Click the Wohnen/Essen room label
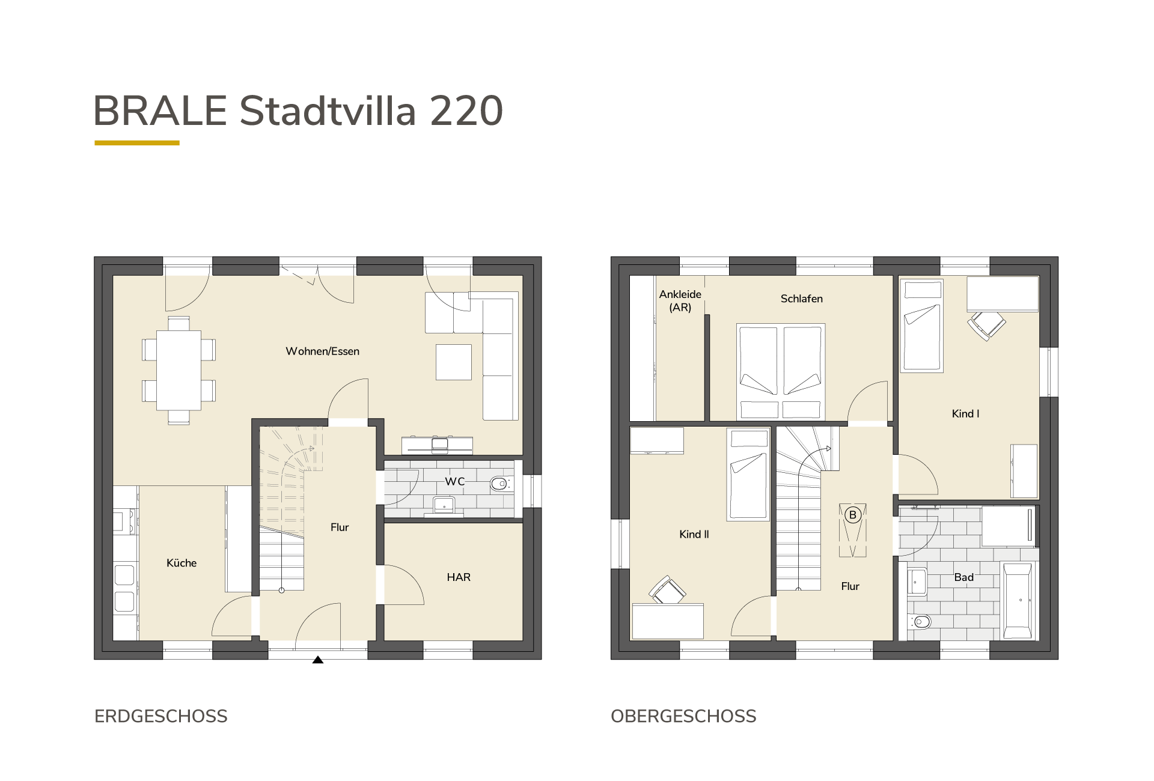(x=322, y=351)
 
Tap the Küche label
(x=182, y=563)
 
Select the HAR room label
(x=459, y=577)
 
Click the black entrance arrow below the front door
(x=318, y=660)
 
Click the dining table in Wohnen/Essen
(x=179, y=370)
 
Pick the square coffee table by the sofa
(x=454, y=362)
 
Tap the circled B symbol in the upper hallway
(x=852, y=515)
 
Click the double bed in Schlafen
(x=781, y=372)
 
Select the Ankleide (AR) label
(x=680, y=301)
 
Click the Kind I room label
(x=966, y=414)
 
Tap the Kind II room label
(x=694, y=534)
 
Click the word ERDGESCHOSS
(x=161, y=716)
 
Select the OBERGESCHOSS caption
(x=683, y=716)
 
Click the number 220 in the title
(x=466, y=111)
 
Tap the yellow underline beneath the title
(x=137, y=143)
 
